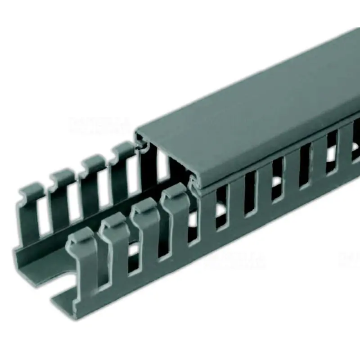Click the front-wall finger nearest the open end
click(x=84, y=261)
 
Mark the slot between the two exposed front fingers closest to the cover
click(x=161, y=225)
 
